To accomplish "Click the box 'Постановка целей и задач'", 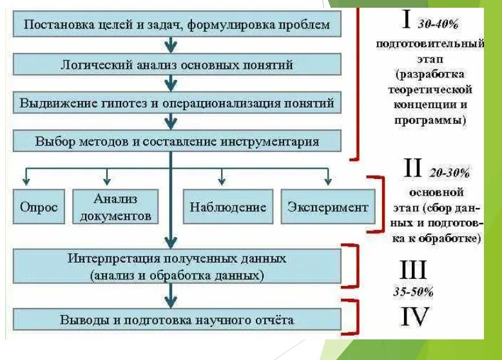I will click(177, 25).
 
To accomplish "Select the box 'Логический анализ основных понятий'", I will click(177, 64).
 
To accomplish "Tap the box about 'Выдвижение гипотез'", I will click(177, 103).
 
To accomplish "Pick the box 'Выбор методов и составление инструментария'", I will click(177, 142).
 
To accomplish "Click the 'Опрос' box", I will click(39, 207).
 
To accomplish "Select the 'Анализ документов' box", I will click(115, 207).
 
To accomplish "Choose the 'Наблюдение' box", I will click(227, 207).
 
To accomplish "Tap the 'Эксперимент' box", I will click(327, 207).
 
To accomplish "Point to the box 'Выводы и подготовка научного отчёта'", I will click(177, 319).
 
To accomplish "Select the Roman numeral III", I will click(413, 270).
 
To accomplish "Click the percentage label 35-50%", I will click(413, 291).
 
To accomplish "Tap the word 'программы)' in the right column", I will click(430, 120).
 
